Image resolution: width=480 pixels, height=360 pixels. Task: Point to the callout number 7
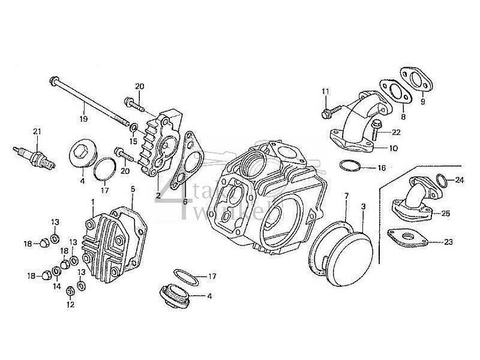pyautogui.click(x=346, y=196)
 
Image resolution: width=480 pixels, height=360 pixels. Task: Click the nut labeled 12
pyautogui.click(x=70, y=290)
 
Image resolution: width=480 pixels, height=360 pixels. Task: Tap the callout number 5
pyautogui.click(x=132, y=188)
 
